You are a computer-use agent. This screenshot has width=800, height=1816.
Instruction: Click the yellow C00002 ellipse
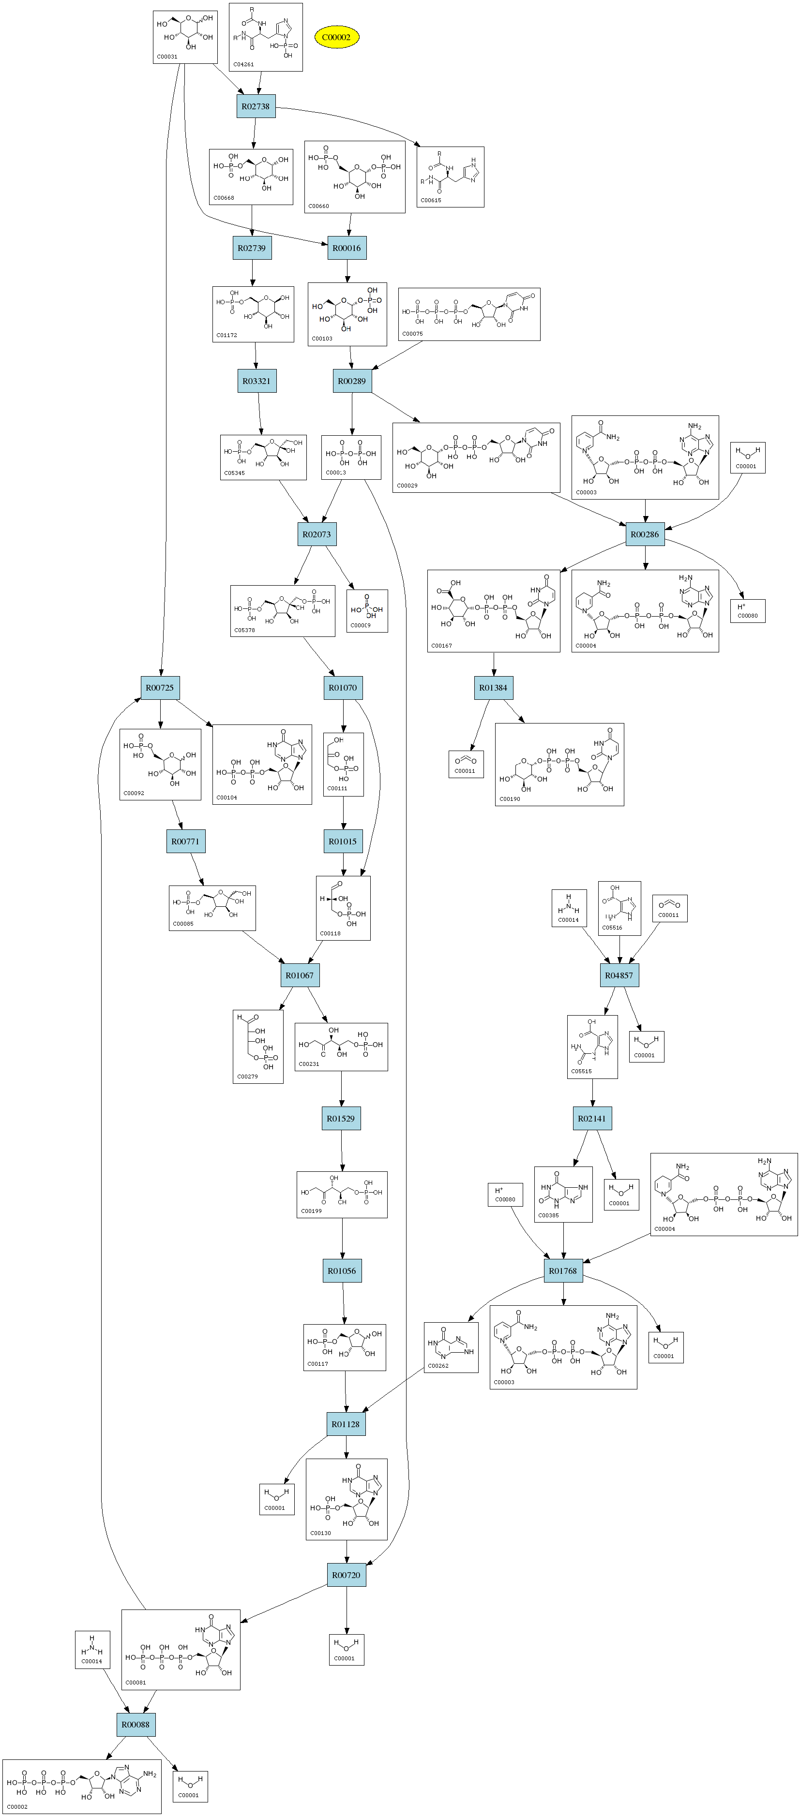coord(336,37)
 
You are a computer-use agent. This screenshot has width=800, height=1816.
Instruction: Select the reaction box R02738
coord(256,106)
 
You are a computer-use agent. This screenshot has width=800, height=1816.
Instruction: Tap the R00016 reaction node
coord(347,248)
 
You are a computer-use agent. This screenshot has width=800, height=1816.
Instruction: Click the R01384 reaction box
coord(493,687)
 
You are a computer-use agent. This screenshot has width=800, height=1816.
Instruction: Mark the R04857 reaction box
coord(619,975)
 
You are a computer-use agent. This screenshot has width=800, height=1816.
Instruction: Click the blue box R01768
coord(563,1270)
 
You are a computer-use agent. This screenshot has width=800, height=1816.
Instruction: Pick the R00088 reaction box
coord(136,1725)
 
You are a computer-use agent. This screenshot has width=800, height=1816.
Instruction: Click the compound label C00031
coord(167,57)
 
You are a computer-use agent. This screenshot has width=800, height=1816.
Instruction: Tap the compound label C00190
coord(510,799)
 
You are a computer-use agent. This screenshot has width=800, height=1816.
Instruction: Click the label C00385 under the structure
coord(548,1215)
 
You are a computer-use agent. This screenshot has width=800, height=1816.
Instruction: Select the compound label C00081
coord(136,1682)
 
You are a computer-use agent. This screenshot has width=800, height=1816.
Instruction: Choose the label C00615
coord(431,200)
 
